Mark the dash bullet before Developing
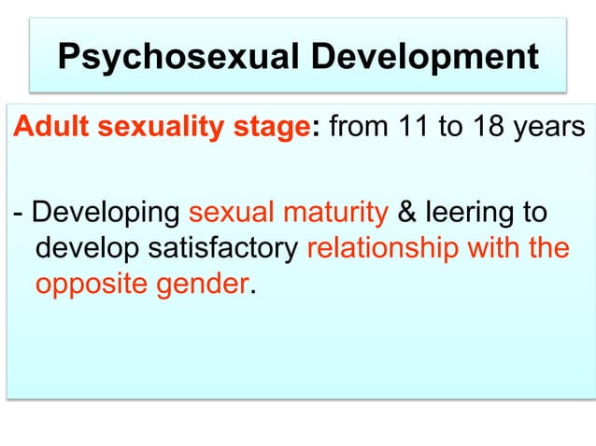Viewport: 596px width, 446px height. (17, 213)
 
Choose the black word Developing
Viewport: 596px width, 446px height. (105, 213)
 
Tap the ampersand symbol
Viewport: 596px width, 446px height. (407, 212)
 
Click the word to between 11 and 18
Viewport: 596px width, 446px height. (450, 127)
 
